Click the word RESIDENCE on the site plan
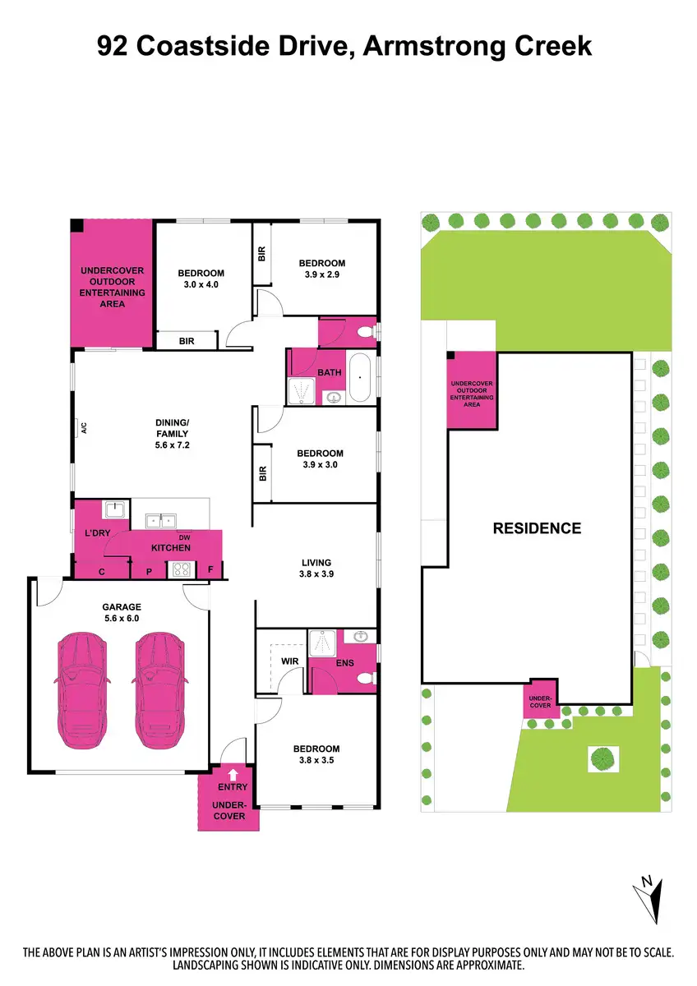pyautogui.click(x=537, y=528)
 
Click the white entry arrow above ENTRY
pyautogui.click(x=233, y=773)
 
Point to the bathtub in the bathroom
pyautogui.click(x=360, y=377)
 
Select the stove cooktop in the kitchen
pyautogui.click(x=179, y=569)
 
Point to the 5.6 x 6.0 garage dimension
pyautogui.click(x=122, y=619)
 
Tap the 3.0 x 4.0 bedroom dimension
pyautogui.click(x=201, y=284)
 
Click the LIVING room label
pyautogui.click(x=316, y=563)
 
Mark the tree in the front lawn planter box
pyautogui.click(x=603, y=757)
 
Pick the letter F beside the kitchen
pyautogui.click(x=211, y=569)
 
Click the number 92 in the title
pyautogui.click(x=114, y=47)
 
